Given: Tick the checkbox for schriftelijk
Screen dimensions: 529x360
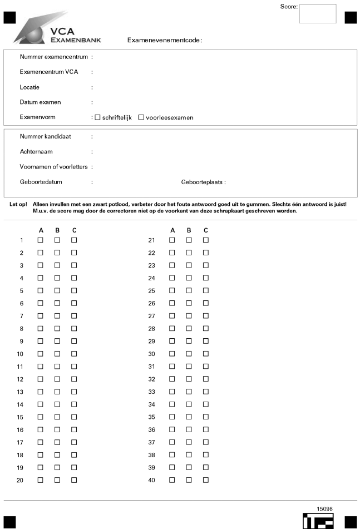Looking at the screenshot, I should pos(98,117).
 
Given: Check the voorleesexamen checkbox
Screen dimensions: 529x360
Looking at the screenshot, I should pos(141,117).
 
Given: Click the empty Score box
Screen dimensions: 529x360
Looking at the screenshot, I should pos(318,14).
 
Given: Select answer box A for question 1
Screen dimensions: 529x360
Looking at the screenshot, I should pos(40,240).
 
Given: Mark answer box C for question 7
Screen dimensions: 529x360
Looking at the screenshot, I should pos(74,316).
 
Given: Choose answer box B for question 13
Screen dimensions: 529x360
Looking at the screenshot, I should pos(57,392).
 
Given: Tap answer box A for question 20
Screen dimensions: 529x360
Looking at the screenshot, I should pos(40,479).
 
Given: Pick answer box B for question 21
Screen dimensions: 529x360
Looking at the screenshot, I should pos(189,240).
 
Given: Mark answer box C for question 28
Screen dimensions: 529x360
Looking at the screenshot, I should pos(206,328).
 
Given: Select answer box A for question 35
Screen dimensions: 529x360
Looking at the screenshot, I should pos(172,417).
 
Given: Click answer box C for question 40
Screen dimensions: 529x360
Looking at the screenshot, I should pos(206,479).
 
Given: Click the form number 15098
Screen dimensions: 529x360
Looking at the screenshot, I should pos(325,508).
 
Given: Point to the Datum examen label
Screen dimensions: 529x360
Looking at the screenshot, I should pos(40,102).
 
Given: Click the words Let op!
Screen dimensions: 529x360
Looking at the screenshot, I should pos(18,204).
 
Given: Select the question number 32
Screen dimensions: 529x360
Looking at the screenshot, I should pos(151,379).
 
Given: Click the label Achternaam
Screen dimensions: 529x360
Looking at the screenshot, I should pos(37,151).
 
